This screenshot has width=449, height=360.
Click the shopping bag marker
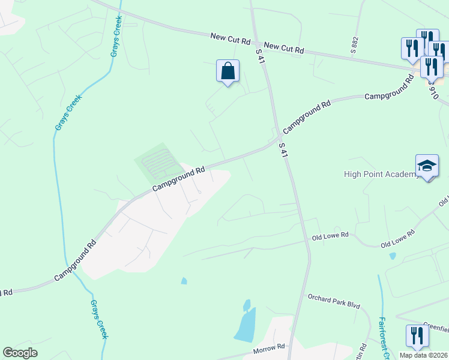tap(228, 72)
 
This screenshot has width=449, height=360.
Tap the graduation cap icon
tap(427, 166)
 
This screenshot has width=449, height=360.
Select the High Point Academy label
tap(381, 175)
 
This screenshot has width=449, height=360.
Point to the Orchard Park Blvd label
tap(334, 301)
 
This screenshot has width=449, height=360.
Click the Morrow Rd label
tap(268, 348)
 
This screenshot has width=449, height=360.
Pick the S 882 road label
tap(354, 43)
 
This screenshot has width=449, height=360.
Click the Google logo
tap(20, 353)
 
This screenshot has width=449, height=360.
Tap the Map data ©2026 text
tap(424, 355)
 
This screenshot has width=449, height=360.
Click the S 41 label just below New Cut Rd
tap(260, 58)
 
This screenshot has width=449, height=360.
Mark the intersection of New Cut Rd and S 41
tap(256, 44)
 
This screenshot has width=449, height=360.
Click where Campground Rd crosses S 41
tap(277, 142)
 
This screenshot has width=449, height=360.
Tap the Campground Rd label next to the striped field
tap(179, 179)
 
